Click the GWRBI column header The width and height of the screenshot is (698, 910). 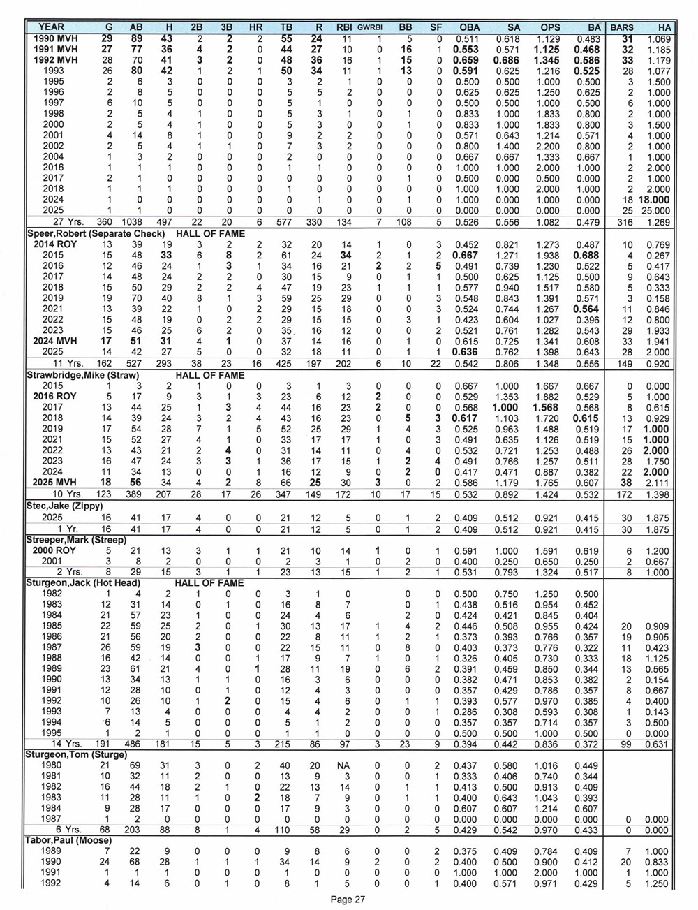point(370,27)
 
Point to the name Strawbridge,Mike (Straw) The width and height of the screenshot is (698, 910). point(78,375)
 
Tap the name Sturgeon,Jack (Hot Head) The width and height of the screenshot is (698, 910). point(80,582)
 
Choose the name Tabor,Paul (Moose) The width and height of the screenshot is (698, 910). point(69,840)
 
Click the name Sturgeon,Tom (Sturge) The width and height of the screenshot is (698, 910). point(73,754)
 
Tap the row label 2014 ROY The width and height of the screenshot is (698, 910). point(56,245)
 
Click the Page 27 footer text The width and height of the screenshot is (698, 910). point(348,900)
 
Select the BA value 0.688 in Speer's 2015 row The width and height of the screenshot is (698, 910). point(586,256)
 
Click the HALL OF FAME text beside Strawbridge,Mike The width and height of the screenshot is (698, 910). point(210,375)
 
